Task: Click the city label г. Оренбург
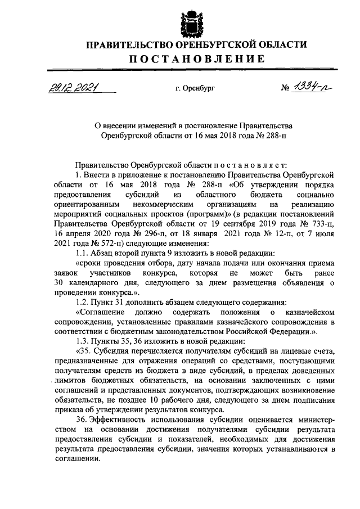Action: [195, 89]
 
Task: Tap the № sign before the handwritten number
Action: [285, 88]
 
